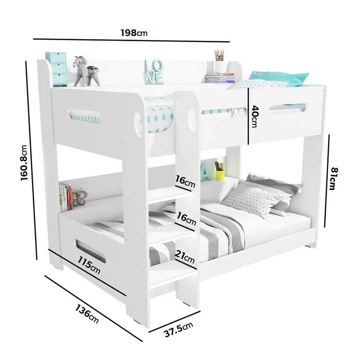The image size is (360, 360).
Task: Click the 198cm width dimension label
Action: click(x=134, y=33)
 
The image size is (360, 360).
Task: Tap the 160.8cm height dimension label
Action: click(x=24, y=163)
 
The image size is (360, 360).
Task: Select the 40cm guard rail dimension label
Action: click(x=255, y=116)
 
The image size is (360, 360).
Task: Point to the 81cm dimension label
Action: click(x=334, y=179)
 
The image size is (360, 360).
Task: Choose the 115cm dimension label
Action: click(x=89, y=265)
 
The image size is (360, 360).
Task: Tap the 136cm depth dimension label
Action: click(x=87, y=313)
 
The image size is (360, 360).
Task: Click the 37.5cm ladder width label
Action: click(x=178, y=329)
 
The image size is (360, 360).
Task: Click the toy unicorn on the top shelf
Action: click(x=86, y=71)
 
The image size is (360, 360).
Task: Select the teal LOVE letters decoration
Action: click(x=154, y=72)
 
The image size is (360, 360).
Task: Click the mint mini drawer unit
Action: click(x=56, y=69)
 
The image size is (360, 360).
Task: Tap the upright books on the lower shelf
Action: click(x=65, y=197)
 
